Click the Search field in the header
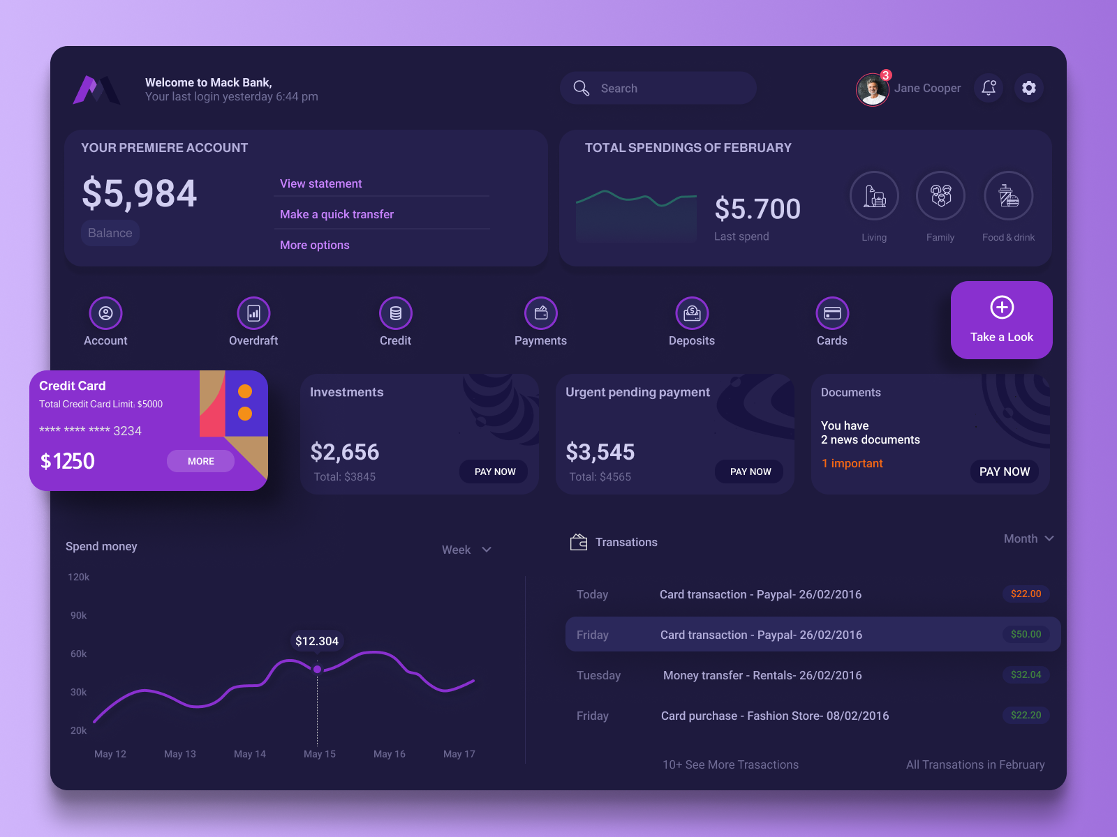pyautogui.click(x=658, y=89)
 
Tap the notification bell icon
pyautogui.click(x=989, y=88)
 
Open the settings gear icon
pyautogui.click(x=1029, y=88)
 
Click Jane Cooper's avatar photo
pyautogui.click(x=872, y=89)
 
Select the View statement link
pyautogui.click(x=321, y=183)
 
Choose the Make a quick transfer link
pyautogui.click(x=336, y=214)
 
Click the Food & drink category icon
pyautogui.click(x=1008, y=196)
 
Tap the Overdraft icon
pyautogui.click(x=253, y=313)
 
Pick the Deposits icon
pyautogui.click(x=692, y=313)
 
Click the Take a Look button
pyautogui.click(x=1001, y=320)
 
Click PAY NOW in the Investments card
pyautogui.click(x=494, y=472)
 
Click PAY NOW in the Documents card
pyautogui.click(x=1004, y=472)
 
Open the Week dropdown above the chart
pyautogui.click(x=466, y=550)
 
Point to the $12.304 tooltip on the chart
pyautogui.click(x=317, y=641)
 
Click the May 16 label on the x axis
pyautogui.click(x=390, y=754)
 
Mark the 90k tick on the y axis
pyautogui.click(x=79, y=615)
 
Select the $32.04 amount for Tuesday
pyautogui.click(x=1026, y=674)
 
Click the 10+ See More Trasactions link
pyautogui.click(x=730, y=764)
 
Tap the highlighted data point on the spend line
pyautogui.click(x=318, y=670)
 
